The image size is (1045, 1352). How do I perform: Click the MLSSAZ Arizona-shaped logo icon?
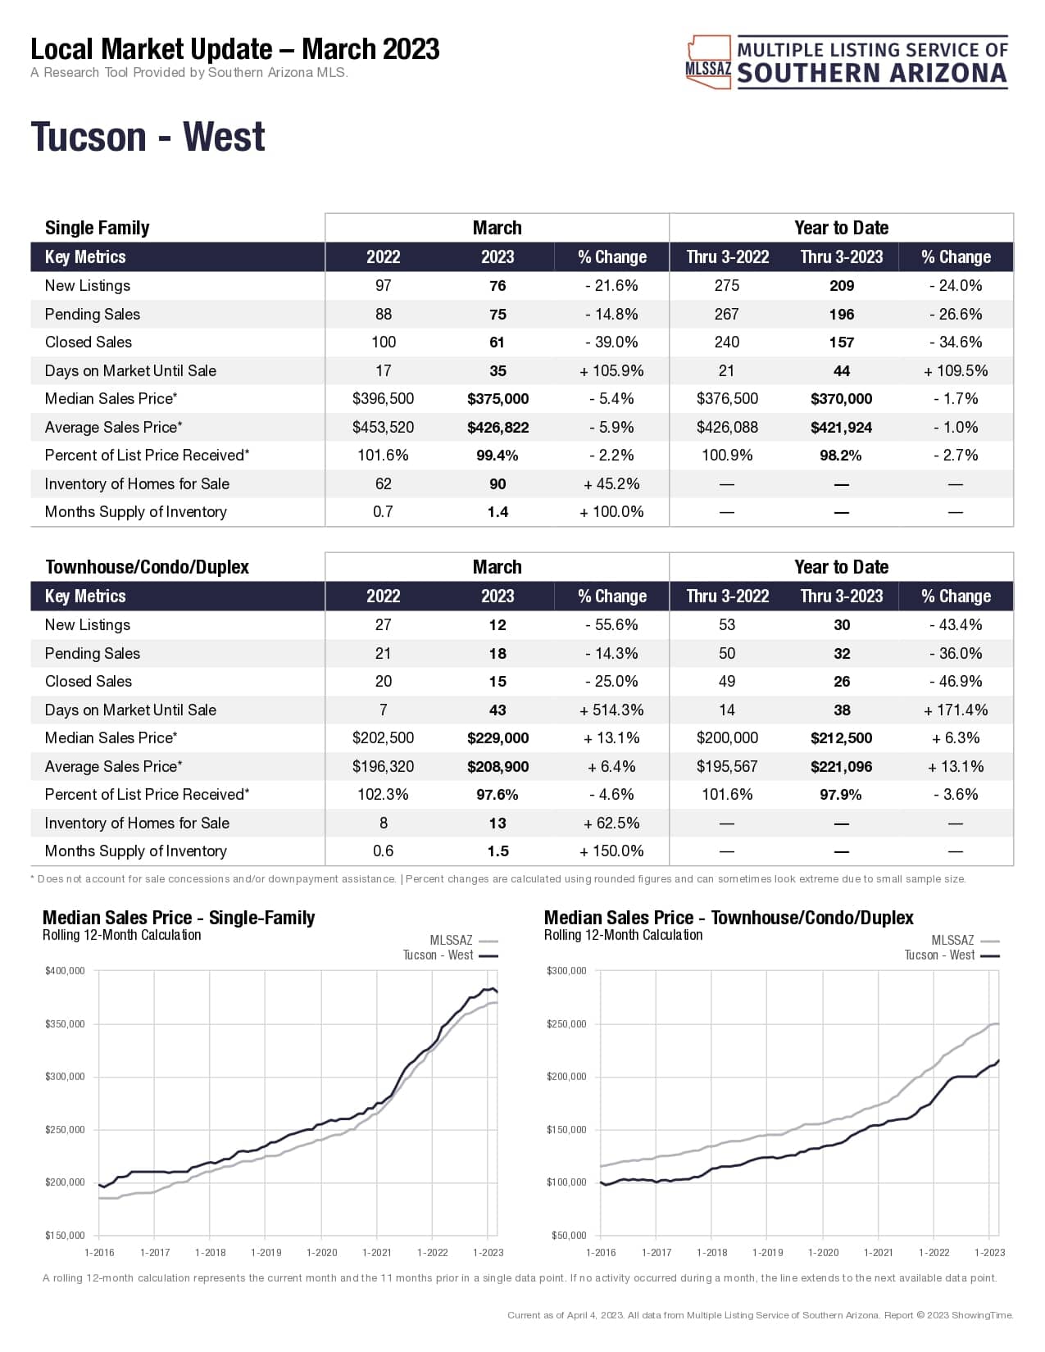[708, 61]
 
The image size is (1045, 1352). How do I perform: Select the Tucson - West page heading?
[148, 137]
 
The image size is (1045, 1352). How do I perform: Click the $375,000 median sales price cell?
[498, 399]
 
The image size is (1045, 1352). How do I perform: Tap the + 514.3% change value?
[611, 710]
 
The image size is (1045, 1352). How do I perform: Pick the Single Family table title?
[97, 228]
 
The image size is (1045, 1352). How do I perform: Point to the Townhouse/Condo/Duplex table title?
[147, 567]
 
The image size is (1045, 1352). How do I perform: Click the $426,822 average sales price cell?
[498, 428]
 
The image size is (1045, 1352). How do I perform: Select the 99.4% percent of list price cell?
[498, 456]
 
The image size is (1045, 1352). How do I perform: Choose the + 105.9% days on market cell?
[611, 371]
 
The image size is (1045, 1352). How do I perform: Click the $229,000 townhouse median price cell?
[498, 738]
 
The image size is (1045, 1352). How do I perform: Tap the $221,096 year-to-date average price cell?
[841, 767]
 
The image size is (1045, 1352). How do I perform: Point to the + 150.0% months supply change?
[611, 851]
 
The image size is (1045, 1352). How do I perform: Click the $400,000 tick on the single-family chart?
[65, 971]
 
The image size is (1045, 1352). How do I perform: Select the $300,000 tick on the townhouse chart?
[566, 971]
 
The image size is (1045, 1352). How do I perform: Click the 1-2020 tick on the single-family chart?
[321, 1252]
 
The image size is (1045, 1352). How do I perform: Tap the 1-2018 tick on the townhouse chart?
[711, 1252]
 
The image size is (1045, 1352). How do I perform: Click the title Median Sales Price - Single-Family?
[179, 918]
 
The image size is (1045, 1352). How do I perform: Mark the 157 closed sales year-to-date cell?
[841, 343]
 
